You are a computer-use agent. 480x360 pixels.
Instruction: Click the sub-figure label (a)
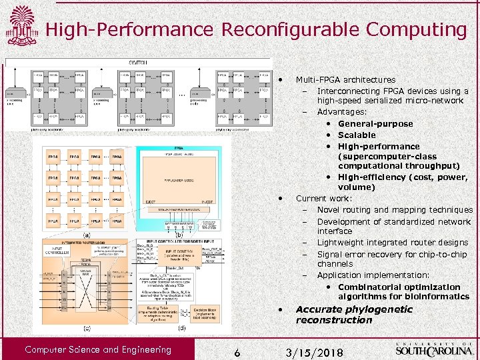[87, 235]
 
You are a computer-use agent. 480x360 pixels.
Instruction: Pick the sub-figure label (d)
[181, 328]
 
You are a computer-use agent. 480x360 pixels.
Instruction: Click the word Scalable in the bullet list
[357, 135]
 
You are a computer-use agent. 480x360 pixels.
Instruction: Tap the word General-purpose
[375, 123]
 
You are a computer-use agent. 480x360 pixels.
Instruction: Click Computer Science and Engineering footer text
[98, 349]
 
